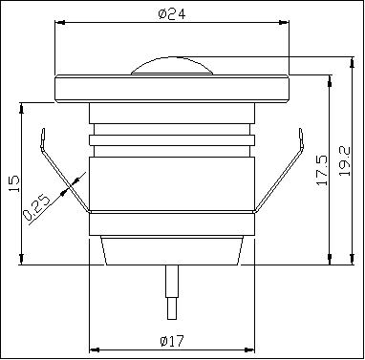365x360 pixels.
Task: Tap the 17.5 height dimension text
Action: pyautogui.click(x=319, y=169)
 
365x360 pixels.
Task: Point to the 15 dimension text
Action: pyautogui.click(x=12, y=182)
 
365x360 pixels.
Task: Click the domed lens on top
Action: pyautogui.click(x=172, y=66)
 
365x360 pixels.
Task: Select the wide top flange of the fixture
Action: pyautogui.click(x=172, y=88)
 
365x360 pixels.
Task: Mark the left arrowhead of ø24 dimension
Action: pyautogui.click(x=59, y=21)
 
